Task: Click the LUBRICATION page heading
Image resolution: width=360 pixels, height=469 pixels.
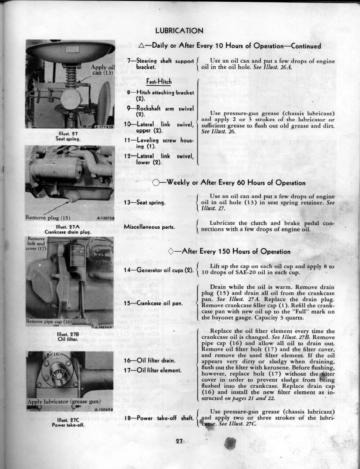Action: tap(179, 30)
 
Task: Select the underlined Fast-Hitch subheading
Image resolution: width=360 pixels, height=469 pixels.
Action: tap(159, 82)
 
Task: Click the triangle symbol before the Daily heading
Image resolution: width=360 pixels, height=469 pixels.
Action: tap(142, 45)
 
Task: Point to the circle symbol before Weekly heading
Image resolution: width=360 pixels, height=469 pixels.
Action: tap(156, 183)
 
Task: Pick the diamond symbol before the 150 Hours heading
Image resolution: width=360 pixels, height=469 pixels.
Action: tap(172, 252)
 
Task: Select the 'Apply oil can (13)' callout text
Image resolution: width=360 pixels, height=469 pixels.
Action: tap(102, 70)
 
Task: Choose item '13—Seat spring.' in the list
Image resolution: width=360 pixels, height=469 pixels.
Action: tap(145, 203)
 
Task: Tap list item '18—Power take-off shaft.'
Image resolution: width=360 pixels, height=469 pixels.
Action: tap(159, 418)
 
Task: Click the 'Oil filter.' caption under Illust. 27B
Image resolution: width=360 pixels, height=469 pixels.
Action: tap(68, 339)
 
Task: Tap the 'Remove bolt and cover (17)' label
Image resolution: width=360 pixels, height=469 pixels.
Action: tap(35, 243)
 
